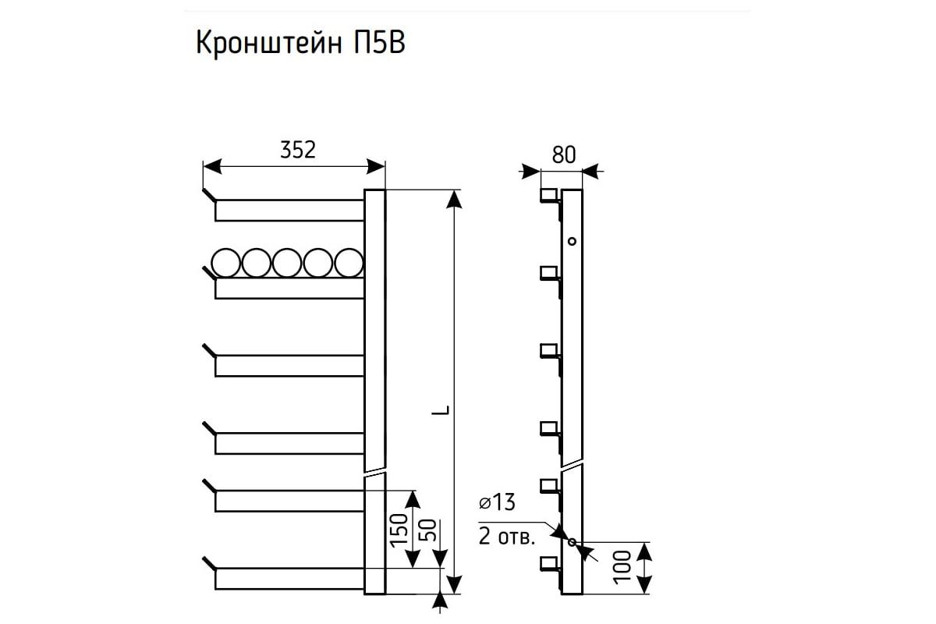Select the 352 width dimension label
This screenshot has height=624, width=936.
coord(298,151)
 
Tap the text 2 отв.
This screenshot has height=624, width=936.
coord(506,538)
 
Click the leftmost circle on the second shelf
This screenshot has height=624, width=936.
coord(225,263)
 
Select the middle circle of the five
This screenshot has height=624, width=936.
coord(286,263)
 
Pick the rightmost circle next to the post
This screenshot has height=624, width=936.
coord(348,263)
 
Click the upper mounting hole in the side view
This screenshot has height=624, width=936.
coord(572,241)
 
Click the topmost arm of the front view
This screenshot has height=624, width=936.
coord(289,210)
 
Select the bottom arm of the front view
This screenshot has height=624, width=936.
coord(289,579)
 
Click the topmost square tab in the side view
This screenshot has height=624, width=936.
coord(548,194)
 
